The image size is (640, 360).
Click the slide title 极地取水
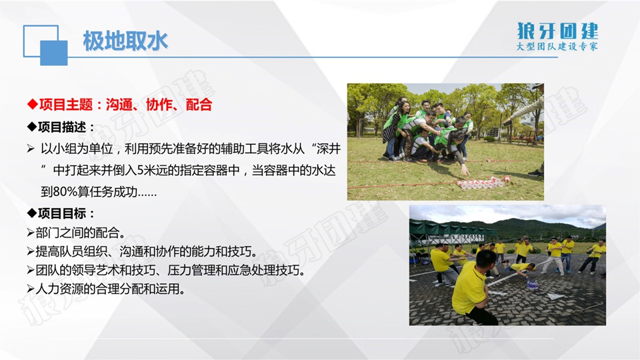coord(125,41)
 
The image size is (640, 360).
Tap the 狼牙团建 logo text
coord(557,31)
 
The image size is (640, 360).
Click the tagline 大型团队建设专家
coord(557,46)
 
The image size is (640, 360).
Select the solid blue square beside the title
coord(54,53)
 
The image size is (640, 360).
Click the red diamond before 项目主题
coord(32,105)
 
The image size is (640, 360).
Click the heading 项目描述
coord(62,127)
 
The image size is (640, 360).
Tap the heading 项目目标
coord(62,213)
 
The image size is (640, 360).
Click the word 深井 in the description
coord(328,149)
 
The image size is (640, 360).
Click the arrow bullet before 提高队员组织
coord(31,251)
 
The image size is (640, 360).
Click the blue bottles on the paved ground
coord(531,283)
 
